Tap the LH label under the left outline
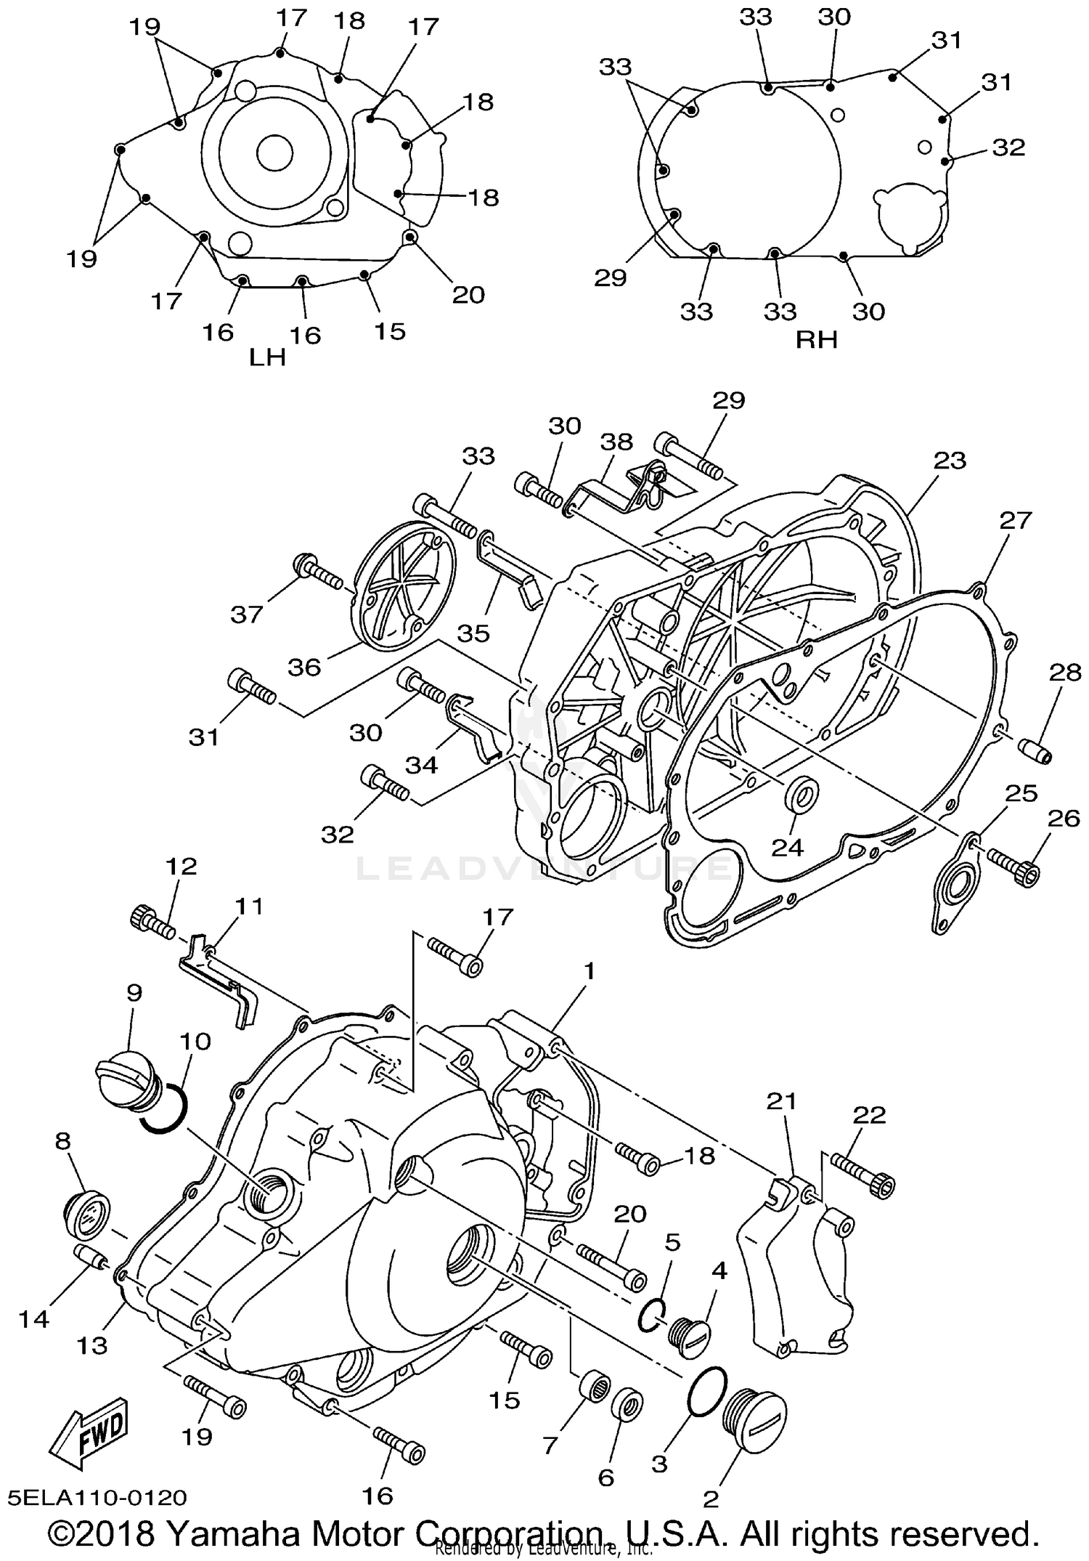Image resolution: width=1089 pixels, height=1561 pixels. pyautogui.click(x=267, y=357)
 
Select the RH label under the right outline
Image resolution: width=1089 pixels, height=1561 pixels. pyautogui.click(x=816, y=339)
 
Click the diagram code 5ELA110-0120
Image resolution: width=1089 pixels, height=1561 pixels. pyautogui.click(x=97, y=1498)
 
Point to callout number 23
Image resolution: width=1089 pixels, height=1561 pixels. pyautogui.click(x=950, y=460)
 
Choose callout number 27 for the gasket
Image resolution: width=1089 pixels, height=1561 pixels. pyautogui.click(x=1015, y=520)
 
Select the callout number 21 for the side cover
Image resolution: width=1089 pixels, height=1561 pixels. pyautogui.click(x=781, y=1102)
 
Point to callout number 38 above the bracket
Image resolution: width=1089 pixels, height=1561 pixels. pyautogui.click(x=616, y=442)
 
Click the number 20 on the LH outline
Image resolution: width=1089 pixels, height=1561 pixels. pyautogui.click(x=468, y=295)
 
